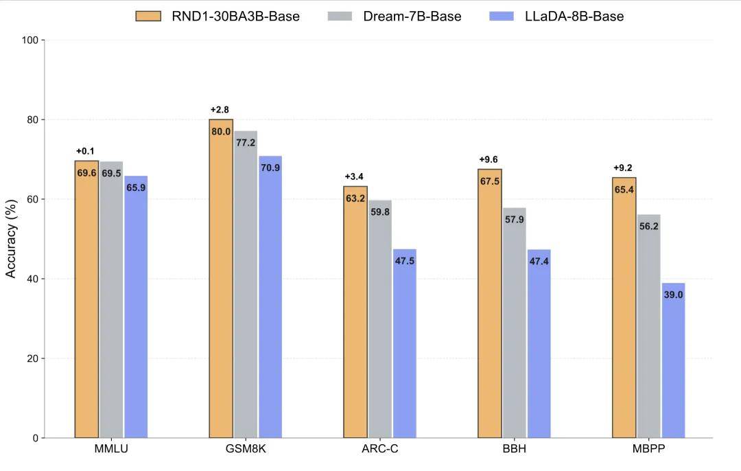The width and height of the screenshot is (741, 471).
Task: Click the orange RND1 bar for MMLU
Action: [x=86, y=302]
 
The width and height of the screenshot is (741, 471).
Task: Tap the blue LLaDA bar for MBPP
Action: [x=673, y=360]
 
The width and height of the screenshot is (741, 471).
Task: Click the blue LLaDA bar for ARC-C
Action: [x=405, y=343]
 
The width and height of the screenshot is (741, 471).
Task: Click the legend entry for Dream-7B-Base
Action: [x=412, y=16]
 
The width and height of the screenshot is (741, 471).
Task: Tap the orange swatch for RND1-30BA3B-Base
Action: [x=148, y=16]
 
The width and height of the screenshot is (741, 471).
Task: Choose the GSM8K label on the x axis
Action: [x=246, y=450]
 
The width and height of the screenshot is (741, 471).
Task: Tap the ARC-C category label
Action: [x=379, y=450]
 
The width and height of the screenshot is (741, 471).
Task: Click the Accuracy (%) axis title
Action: [x=11, y=239]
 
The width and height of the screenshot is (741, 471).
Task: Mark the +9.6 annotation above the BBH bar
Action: [x=489, y=160]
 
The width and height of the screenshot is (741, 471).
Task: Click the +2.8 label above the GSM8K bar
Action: [x=220, y=110]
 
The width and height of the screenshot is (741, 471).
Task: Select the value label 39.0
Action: [x=673, y=295]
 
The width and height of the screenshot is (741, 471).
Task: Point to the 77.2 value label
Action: [x=246, y=143]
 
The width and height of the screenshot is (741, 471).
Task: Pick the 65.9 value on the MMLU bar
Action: [x=136, y=187]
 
